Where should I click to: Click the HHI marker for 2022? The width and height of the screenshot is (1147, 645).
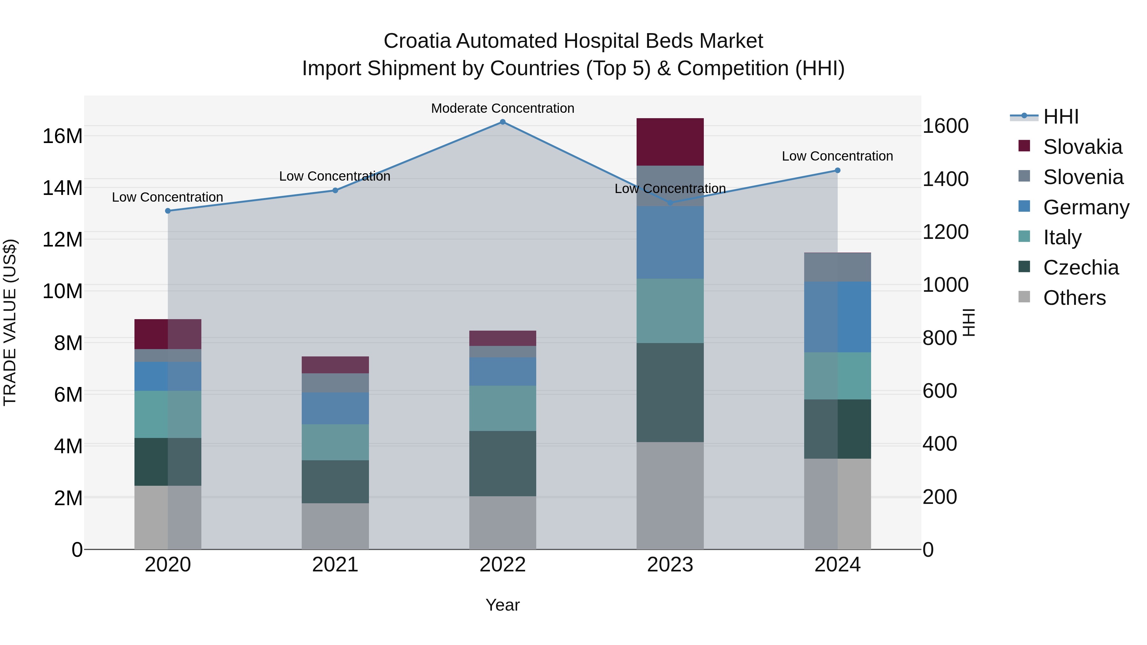point(503,122)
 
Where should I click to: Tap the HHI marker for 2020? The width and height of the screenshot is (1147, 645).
point(168,211)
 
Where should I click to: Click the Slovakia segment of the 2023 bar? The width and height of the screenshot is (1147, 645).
point(670,142)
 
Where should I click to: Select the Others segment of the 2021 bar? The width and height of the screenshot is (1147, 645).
point(335,526)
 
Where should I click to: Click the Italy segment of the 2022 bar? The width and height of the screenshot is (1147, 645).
point(503,408)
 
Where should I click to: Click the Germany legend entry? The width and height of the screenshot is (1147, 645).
point(1086,207)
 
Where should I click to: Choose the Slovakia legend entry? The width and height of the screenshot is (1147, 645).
point(1082,147)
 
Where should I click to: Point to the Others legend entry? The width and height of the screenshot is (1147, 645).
point(1074,298)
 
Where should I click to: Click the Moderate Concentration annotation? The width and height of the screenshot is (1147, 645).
point(503,108)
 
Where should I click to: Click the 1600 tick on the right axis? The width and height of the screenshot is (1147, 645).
point(945,126)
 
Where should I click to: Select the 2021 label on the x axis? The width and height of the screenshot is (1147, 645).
point(335,565)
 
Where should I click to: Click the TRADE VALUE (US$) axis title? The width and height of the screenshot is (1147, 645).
point(10,322)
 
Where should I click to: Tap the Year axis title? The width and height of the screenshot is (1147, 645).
point(503,605)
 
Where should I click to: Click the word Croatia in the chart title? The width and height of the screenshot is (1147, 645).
point(417,41)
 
